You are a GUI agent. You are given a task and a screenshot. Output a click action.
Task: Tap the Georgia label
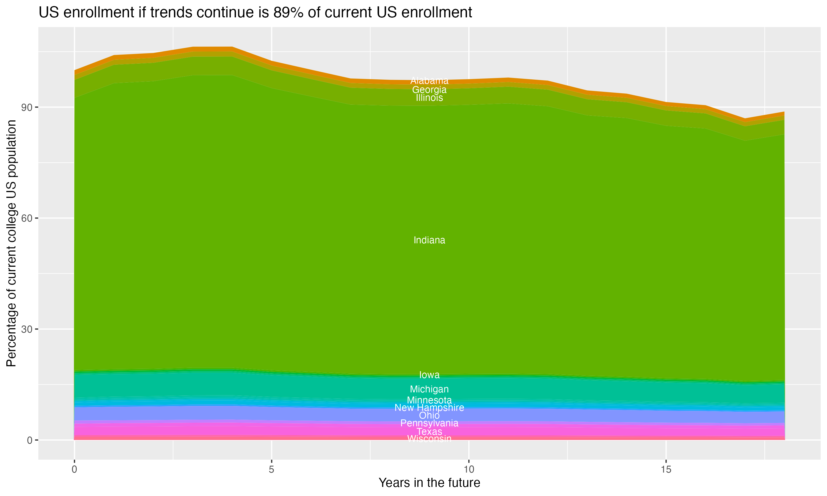point(429,90)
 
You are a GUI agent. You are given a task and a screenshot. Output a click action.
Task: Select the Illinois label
point(429,98)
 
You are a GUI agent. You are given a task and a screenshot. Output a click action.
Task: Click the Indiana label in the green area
point(429,240)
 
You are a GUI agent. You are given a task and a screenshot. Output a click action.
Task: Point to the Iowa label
point(429,375)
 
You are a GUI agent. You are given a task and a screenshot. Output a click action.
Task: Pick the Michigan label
point(429,389)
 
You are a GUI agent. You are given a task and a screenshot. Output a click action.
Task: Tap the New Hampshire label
point(429,408)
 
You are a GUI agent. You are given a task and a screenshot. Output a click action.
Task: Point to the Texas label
point(429,431)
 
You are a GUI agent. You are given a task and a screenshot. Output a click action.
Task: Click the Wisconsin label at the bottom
point(429,438)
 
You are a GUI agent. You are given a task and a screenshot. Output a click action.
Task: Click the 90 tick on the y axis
point(27,107)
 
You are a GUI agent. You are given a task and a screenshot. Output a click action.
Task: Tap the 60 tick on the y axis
point(27,218)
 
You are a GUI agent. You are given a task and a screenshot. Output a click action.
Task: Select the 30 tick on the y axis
point(27,329)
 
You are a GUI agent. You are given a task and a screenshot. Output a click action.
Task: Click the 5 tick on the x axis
point(272,469)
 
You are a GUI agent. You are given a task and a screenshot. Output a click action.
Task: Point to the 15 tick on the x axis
point(666,469)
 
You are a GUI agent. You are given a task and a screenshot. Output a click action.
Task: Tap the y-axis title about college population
point(11,243)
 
